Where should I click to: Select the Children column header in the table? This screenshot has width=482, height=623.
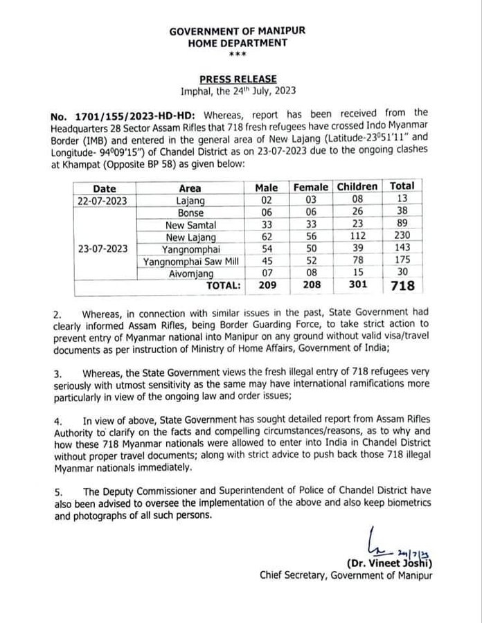(357, 186)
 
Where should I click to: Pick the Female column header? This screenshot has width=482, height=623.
(311, 187)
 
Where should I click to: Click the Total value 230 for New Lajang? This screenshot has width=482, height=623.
(402, 237)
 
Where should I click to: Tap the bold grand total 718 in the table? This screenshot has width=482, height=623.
(402, 285)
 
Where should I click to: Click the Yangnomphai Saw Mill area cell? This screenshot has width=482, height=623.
(190, 261)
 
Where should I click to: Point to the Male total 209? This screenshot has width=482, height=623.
(266, 285)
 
